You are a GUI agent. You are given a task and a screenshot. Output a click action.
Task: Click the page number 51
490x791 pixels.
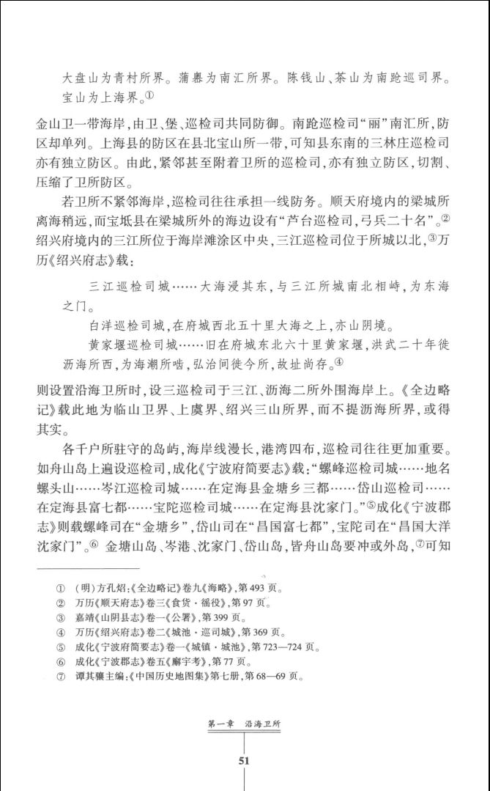pyautogui.click(x=245, y=760)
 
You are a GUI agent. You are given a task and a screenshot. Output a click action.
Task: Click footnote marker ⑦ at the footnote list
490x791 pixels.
pyautogui.click(x=61, y=677)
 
